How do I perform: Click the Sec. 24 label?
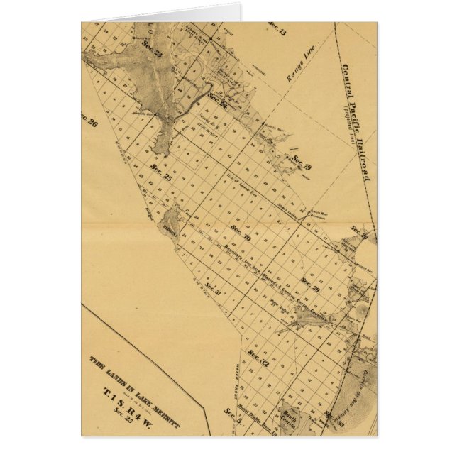(217, 101)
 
